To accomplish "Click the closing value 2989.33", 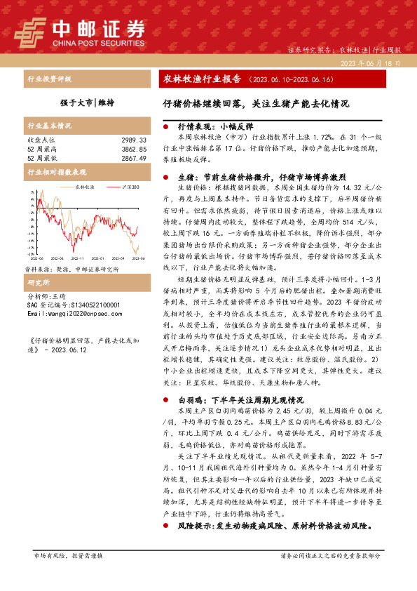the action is point(132,140).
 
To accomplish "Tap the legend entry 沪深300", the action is point(126,187).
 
